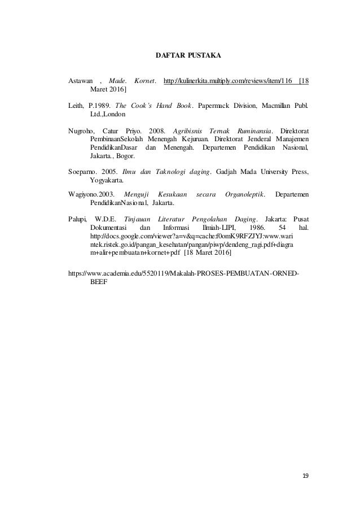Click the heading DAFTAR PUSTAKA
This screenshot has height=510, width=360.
point(188,56)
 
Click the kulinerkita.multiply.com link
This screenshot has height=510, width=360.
point(227,82)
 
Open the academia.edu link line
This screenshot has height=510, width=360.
point(184,272)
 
